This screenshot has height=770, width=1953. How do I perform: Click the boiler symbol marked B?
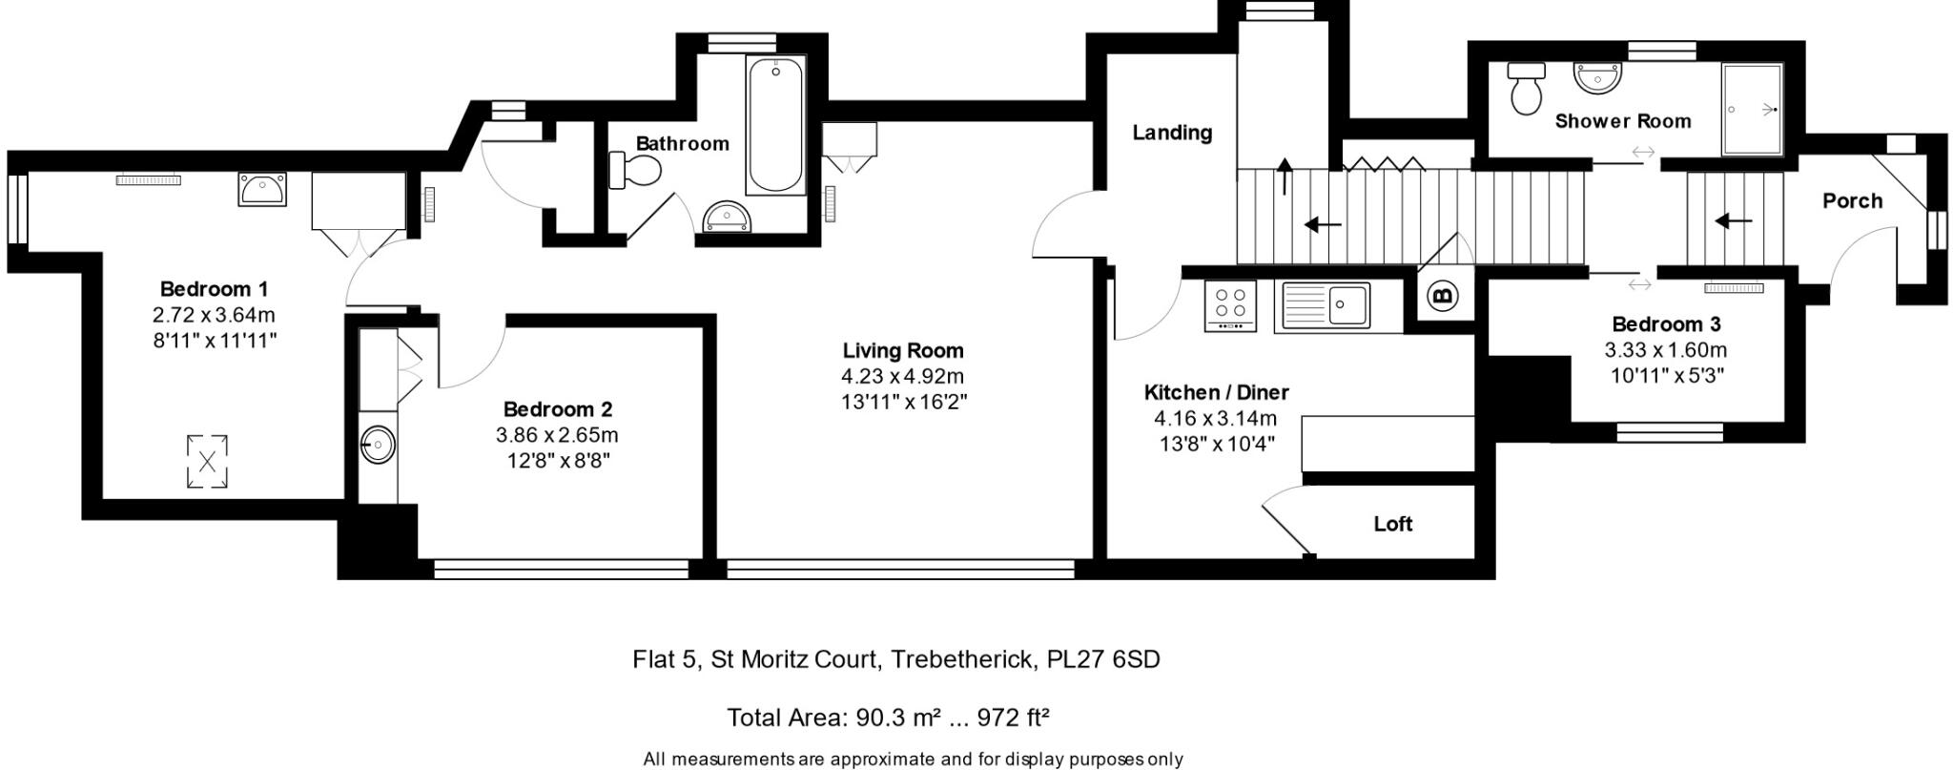click(x=1442, y=297)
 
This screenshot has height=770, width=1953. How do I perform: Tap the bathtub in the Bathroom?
click(x=775, y=126)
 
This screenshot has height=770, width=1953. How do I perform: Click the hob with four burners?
click(x=1230, y=304)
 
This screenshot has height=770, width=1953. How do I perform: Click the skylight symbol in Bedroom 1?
click(x=207, y=462)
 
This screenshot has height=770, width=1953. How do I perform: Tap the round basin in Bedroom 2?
click(x=379, y=445)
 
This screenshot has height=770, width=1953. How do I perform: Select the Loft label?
click(x=1392, y=524)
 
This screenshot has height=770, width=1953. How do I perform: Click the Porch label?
click(x=1852, y=201)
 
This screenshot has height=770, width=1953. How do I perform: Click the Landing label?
click(x=1171, y=133)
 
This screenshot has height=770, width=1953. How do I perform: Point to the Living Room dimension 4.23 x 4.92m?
click(x=902, y=376)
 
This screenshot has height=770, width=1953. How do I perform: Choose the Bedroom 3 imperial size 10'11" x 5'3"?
click(x=1667, y=376)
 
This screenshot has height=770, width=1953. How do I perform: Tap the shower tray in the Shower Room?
click(x=1752, y=110)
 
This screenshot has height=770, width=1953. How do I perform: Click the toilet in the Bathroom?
click(x=636, y=173)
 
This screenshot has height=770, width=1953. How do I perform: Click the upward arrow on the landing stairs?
click(x=1285, y=177)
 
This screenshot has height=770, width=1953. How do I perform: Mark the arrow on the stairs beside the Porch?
click(x=1733, y=222)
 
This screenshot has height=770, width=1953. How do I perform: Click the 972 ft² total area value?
click(x=1014, y=718)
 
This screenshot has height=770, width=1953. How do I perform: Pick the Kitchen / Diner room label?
click(x=1216, y=392)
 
